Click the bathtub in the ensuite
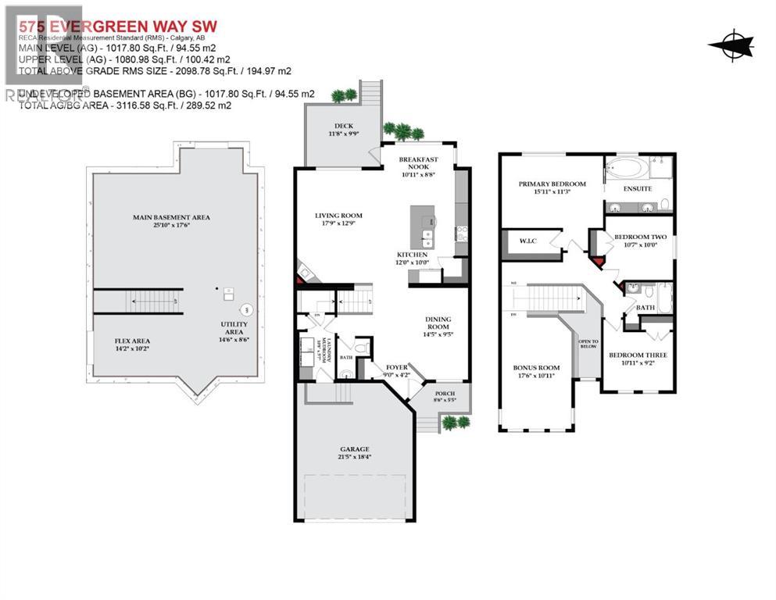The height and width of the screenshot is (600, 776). (x=630, y=168)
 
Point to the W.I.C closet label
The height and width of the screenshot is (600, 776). (x=527, y=241)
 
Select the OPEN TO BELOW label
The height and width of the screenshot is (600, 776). (x=588, y=345)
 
